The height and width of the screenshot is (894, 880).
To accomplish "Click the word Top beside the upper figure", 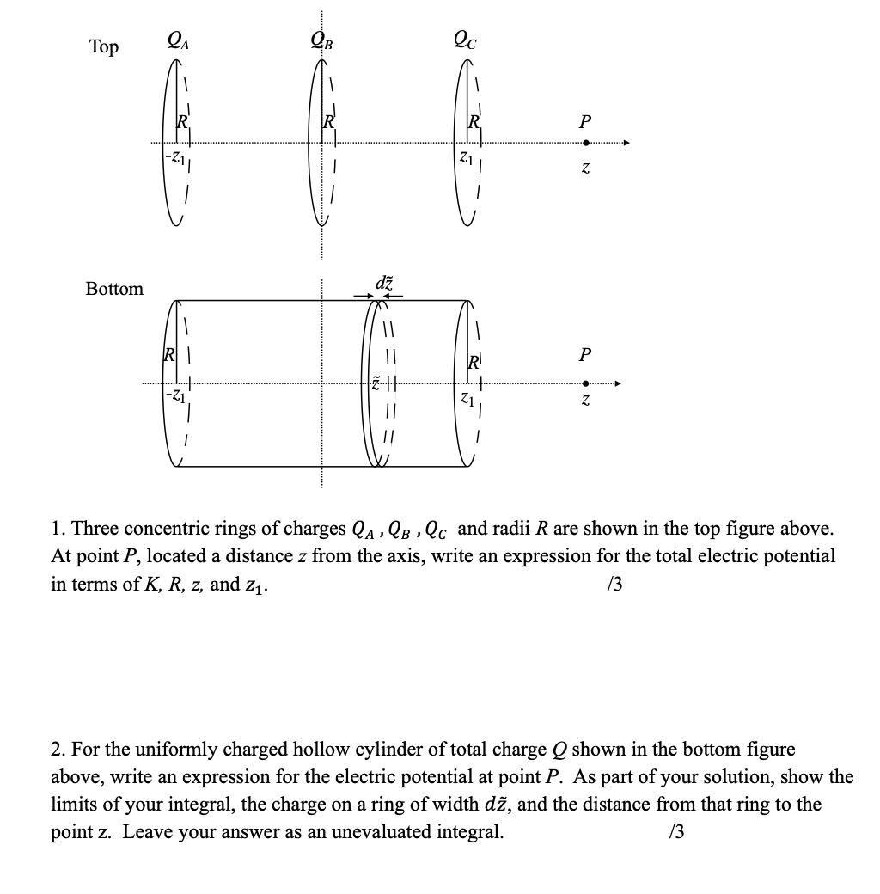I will tap(104, 46).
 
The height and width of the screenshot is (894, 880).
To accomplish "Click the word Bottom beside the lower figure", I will tap(114, 289).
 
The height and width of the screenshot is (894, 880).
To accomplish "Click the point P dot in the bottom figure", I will tap(585, 384).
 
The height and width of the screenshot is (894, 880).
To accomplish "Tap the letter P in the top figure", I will tap(585, 120).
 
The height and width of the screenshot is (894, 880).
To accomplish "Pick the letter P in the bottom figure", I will tap(585, 355).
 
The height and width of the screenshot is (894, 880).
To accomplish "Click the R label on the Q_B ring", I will tap(327, 122).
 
